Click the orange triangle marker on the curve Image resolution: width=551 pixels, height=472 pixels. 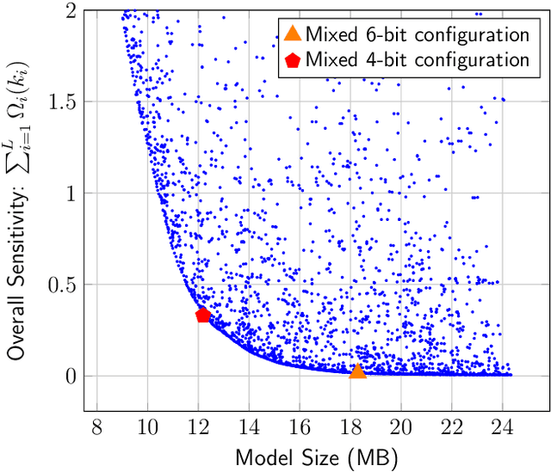pos(357,371)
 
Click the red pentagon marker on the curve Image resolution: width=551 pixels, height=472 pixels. pos(203,316)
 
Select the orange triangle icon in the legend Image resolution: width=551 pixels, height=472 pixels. pos(293,34)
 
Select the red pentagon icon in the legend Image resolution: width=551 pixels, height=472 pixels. pos(293,59)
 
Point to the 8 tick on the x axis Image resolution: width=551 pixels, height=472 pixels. pos(96,426)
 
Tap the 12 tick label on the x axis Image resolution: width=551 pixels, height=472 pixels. pos(198,426)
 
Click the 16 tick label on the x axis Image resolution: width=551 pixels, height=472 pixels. pos(300,426)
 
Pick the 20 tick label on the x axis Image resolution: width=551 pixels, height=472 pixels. pos(401,426)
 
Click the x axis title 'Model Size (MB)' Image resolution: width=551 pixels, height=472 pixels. pos(316,457)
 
